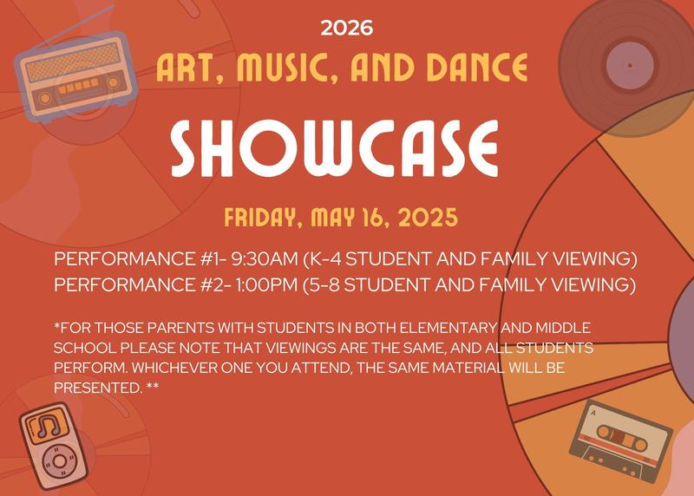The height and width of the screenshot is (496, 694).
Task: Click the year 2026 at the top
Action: tap(346, 28)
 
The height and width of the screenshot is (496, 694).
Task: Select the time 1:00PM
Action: tap(263, 284)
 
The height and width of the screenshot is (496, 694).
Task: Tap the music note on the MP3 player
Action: tap(46, 425)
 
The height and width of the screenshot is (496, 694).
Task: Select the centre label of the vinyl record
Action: tap(626, 66)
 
